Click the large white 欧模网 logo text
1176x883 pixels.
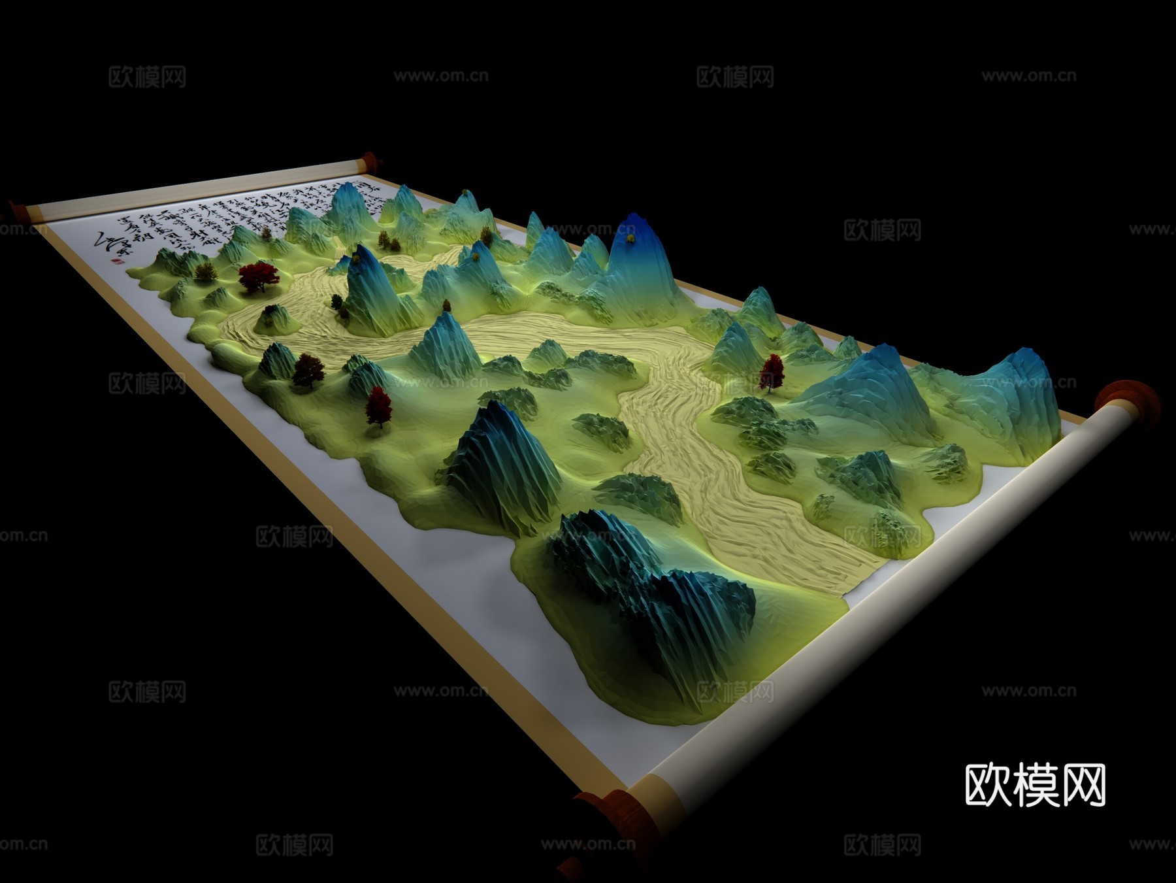coord(1035,785)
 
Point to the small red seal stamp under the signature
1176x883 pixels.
coord(117,261)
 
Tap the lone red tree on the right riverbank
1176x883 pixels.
coord(772,373)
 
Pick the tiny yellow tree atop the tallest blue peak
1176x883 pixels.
coord(630,239)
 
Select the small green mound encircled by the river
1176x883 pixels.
coord(273,318)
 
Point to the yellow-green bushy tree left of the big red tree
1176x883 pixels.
coord(205,271)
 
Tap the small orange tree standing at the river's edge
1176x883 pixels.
coord(447,305)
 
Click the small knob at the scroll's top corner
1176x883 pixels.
coord(370,161)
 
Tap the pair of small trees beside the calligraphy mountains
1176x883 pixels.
coord(389,242)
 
